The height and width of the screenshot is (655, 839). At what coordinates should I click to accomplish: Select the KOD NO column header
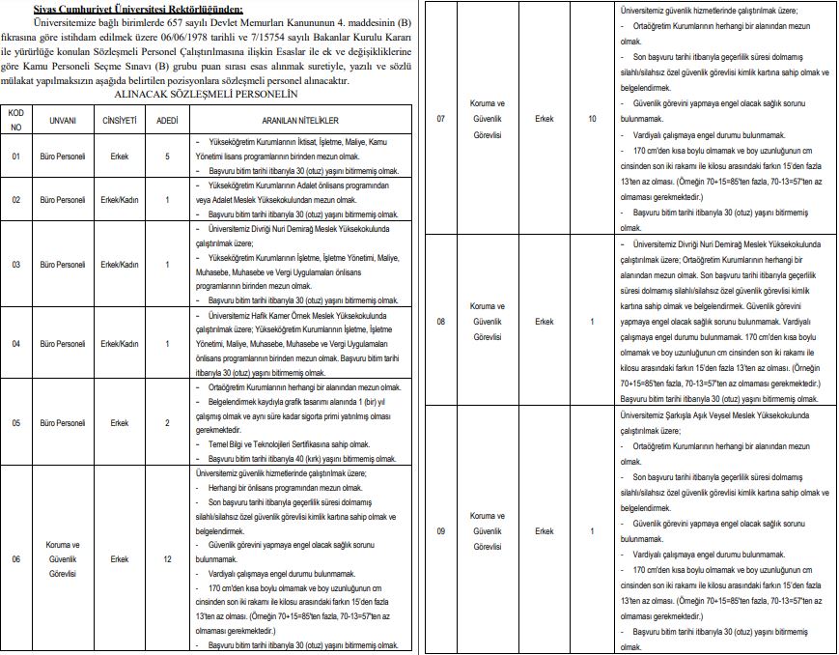[15, 120]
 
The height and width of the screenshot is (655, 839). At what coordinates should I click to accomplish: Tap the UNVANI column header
[64, 121]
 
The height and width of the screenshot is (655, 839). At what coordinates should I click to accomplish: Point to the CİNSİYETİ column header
[120, 121]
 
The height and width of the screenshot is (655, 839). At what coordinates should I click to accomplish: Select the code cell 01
[15, 156]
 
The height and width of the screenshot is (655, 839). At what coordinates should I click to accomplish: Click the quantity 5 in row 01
[167, 156]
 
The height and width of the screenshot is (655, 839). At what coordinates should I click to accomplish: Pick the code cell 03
[15, 264]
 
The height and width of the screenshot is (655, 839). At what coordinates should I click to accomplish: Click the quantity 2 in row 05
[167, 422]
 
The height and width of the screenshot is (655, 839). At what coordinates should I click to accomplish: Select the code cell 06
[15, 558]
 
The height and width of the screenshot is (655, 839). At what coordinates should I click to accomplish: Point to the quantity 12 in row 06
[167, 558]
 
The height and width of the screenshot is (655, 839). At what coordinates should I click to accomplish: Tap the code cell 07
[441, 119]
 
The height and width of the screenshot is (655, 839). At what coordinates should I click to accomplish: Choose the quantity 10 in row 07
[592, 119]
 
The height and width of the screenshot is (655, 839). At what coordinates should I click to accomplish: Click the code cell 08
[441, 321]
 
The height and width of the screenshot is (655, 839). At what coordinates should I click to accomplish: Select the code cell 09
[441, 530]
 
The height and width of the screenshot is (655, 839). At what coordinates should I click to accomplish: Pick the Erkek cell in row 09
[544, 530]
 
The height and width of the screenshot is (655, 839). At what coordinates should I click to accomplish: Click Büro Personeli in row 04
[64, 343]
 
